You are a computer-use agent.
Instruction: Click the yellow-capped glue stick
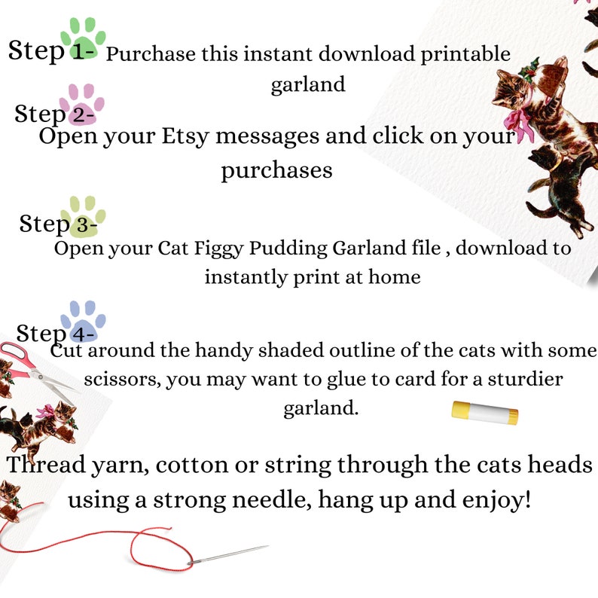tap(484, 412)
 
